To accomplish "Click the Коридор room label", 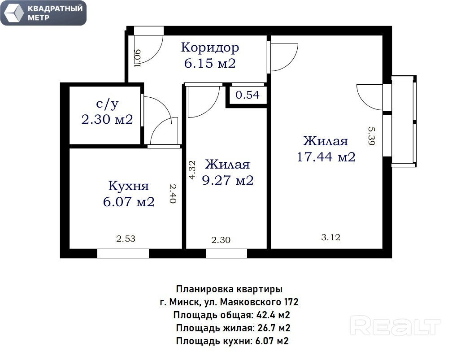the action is pos(210,48).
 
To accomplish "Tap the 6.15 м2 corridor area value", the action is pos(210,64).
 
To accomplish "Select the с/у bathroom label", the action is pos(107,104).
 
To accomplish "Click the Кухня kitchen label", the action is pos(128,186).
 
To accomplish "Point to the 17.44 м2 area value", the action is pos(326,157).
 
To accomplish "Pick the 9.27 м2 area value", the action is pos(228,180).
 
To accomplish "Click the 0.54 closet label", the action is pos(248,95).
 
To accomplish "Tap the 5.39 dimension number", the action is pos(372,136).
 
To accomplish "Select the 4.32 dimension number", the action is pos(192,170).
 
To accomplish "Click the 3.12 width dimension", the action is pos(330,237).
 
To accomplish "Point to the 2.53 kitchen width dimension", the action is pos(126,239).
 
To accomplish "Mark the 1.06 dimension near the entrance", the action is pos(137,58).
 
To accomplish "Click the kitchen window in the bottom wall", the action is pos(123,254).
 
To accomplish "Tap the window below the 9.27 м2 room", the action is pos(226,254).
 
